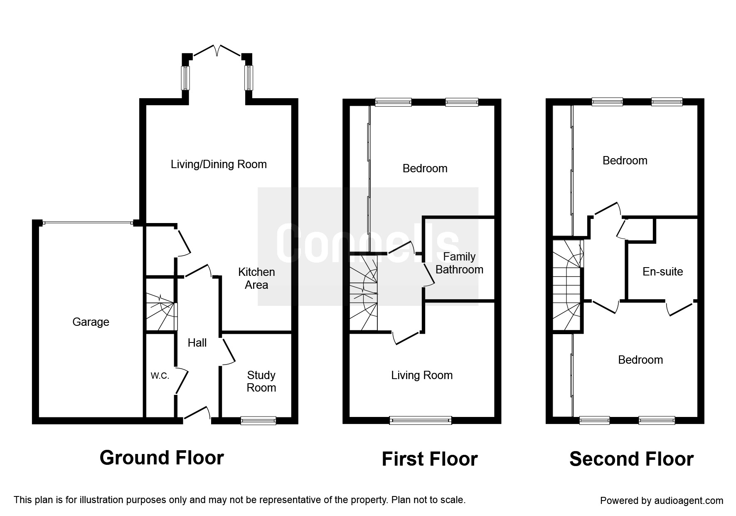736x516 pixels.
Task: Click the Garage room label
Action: coord(91,322)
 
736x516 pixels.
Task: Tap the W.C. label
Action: coord(160,376)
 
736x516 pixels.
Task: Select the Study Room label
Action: coord(261,382)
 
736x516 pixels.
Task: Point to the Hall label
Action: coord(197,343)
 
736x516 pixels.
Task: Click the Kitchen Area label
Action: coord(256,278)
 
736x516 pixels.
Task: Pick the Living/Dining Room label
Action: coord(219,164)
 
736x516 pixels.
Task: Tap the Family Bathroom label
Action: coord(459,263)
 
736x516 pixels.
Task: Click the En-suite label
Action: coord(663,272)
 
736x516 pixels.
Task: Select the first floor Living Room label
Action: coord(422,375)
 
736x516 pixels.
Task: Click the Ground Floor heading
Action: coord(162,458)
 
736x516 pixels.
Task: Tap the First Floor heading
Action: coord(430,459)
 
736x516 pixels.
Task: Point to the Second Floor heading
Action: coord(631,459)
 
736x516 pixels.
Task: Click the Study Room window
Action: coord(258,421)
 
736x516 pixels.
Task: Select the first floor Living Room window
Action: coord(421,421)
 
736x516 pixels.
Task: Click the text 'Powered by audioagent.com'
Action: coord(662,501)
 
